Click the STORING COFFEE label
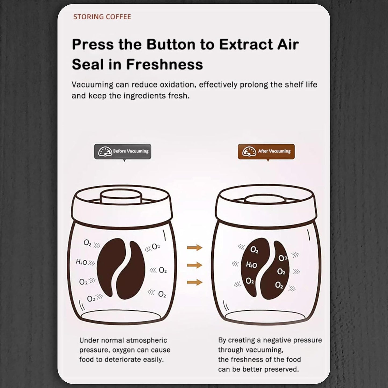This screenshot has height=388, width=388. tap(102, 17)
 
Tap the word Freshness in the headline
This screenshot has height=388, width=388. tap(164, 64)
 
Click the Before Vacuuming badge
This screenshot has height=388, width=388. tap(123, 151)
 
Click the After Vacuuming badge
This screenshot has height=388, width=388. tap(266, 151)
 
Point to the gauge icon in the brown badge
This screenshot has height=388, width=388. tap(249, 151)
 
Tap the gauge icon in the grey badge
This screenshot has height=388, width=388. tap(105, 151)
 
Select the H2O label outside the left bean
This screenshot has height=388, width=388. tap(81, 262)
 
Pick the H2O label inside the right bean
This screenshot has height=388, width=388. tap(251, 265)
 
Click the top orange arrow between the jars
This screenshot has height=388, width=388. tap(195, 247)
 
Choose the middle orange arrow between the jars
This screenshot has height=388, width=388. tap(195, 265)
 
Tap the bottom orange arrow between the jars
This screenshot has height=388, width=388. tap(195, 282)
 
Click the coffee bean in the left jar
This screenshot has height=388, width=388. tap(121, 269)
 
